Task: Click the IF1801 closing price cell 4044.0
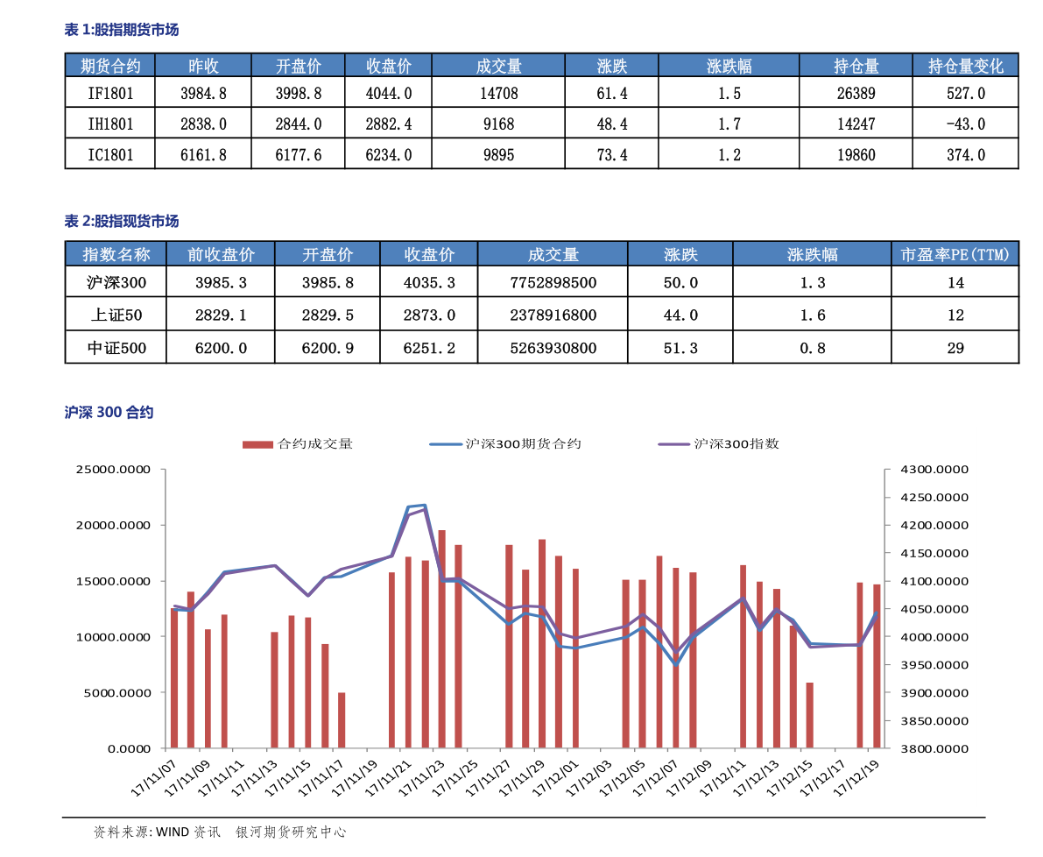point(389,93)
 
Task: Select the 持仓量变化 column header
point(965,66)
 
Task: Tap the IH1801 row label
point(110,124)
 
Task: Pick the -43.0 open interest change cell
point(966,124)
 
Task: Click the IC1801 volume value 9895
point(499,155)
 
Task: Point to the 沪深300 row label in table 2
point(116,283)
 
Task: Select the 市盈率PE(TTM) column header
point(955,254)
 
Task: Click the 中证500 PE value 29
point(955,348)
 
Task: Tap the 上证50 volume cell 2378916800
point(553,315)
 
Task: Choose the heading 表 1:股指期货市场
point(121,29)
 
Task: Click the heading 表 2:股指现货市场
point(121,221)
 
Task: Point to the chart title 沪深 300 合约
point(109,413)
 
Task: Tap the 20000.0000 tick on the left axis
point(113,525)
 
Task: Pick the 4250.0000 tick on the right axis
point(934,497)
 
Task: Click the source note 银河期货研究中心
point(291,832)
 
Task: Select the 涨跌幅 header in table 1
point(729,66)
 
